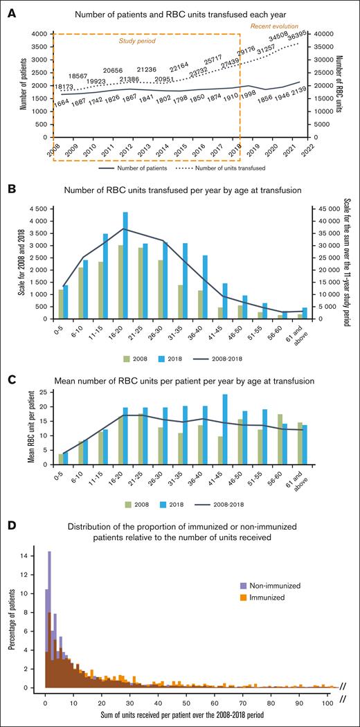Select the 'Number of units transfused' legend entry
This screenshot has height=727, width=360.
click(232, 168)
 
